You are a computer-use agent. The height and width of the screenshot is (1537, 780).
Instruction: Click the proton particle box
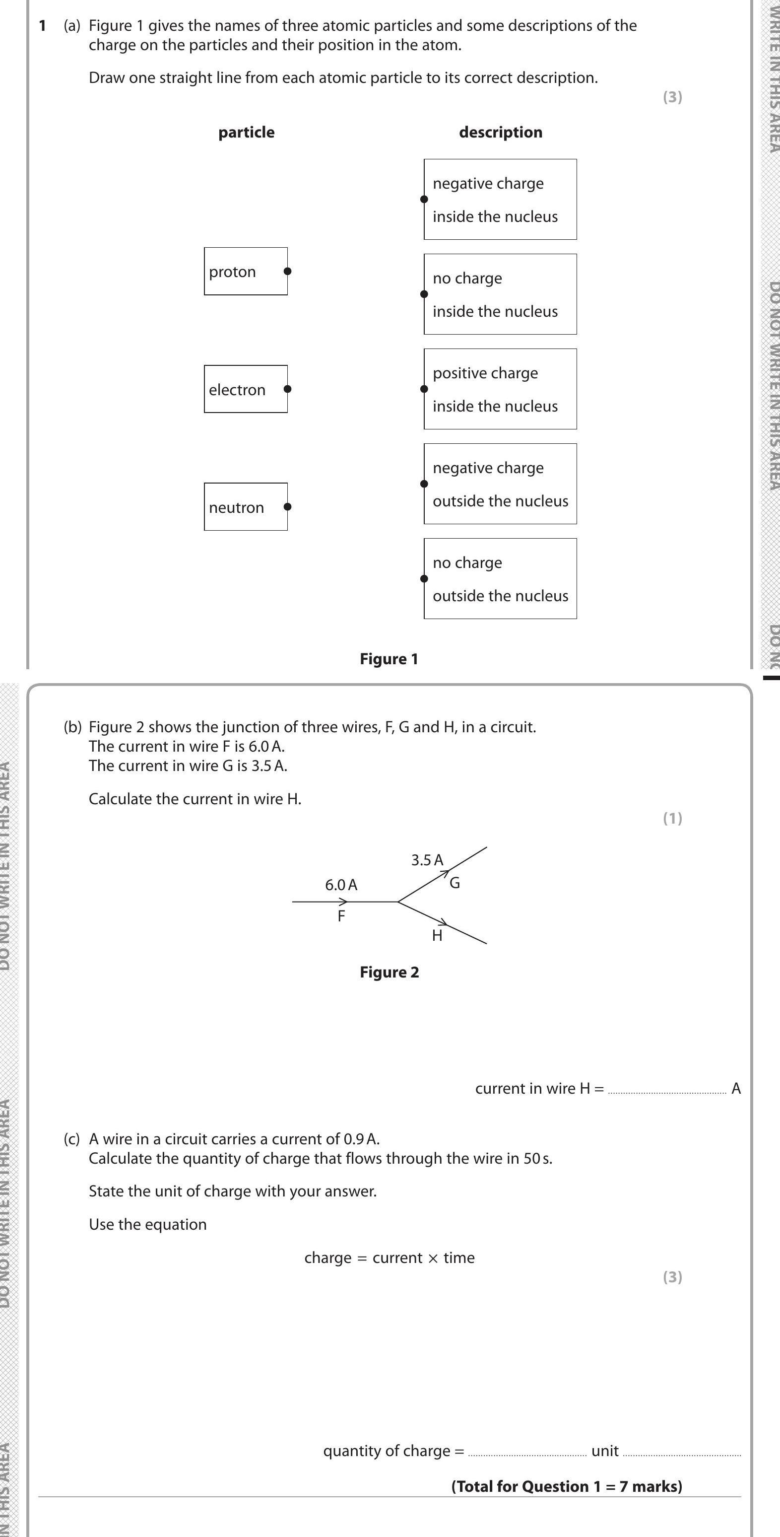245,272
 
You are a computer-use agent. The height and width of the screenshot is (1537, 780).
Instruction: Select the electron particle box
245,389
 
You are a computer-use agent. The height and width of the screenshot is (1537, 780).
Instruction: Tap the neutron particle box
245,506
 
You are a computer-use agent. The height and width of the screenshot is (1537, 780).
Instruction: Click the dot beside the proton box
287,271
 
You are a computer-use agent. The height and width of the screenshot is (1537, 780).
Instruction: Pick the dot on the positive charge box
424,389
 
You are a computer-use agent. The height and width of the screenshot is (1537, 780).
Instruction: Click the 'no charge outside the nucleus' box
500,579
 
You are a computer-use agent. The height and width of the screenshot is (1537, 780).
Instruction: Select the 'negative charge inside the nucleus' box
500,199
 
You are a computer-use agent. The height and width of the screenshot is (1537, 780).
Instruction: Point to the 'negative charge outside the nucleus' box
500,484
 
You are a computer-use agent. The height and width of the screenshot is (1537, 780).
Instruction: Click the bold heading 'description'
500,132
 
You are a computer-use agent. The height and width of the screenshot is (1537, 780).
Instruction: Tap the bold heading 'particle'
246,132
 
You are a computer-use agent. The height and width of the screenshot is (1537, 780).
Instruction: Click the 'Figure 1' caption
389,659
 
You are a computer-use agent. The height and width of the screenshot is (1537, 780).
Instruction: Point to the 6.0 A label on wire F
341,885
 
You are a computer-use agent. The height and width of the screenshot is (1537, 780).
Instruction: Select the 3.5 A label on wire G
427,860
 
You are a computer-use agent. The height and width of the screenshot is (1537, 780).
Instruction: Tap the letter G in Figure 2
455,883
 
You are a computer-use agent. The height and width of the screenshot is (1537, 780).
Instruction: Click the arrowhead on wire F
343,902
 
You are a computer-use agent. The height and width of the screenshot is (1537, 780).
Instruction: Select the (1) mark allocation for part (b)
672,818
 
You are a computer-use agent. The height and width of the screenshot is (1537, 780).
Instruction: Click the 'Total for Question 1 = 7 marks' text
566,1486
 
